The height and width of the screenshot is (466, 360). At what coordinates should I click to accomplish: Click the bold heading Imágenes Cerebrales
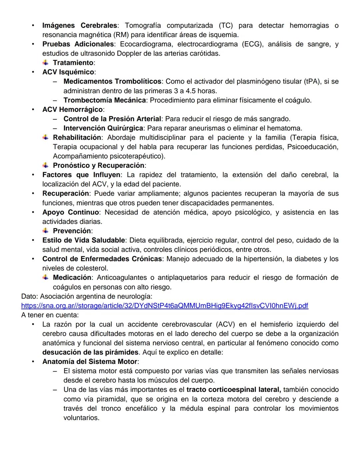tap(79, 26)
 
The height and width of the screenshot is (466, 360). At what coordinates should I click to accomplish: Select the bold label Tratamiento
tap(73, 63)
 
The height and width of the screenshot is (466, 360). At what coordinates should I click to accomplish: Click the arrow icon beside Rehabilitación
tap(46, 137)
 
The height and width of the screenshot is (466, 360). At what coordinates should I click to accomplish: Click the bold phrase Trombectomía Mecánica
tap(104, 100)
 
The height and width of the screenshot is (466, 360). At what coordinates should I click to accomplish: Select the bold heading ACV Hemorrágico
tap(72, 109)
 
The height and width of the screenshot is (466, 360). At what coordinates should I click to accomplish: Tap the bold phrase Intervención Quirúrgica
tap(103, 128)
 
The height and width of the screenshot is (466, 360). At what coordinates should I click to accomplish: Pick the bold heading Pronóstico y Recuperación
tap(98, 165)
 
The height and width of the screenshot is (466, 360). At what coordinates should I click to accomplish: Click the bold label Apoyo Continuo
tap(70, 212)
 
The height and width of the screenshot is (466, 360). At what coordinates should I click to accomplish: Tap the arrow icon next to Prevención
tap(46, 231)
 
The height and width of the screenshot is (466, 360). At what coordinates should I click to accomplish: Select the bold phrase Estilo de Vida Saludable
tap(83, 240)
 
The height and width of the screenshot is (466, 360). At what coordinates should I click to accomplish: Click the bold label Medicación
tap(72, 278)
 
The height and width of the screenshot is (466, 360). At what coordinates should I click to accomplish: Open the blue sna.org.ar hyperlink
tap(164, 306)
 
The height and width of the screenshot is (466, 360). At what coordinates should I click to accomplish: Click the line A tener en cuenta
tap(50, 315)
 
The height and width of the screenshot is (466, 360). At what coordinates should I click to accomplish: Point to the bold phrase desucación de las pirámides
tap(90, 352)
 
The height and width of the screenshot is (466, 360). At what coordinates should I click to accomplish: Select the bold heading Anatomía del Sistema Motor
tap(90, 362)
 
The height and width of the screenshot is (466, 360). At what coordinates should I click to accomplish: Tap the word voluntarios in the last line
tap(81, 418)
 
